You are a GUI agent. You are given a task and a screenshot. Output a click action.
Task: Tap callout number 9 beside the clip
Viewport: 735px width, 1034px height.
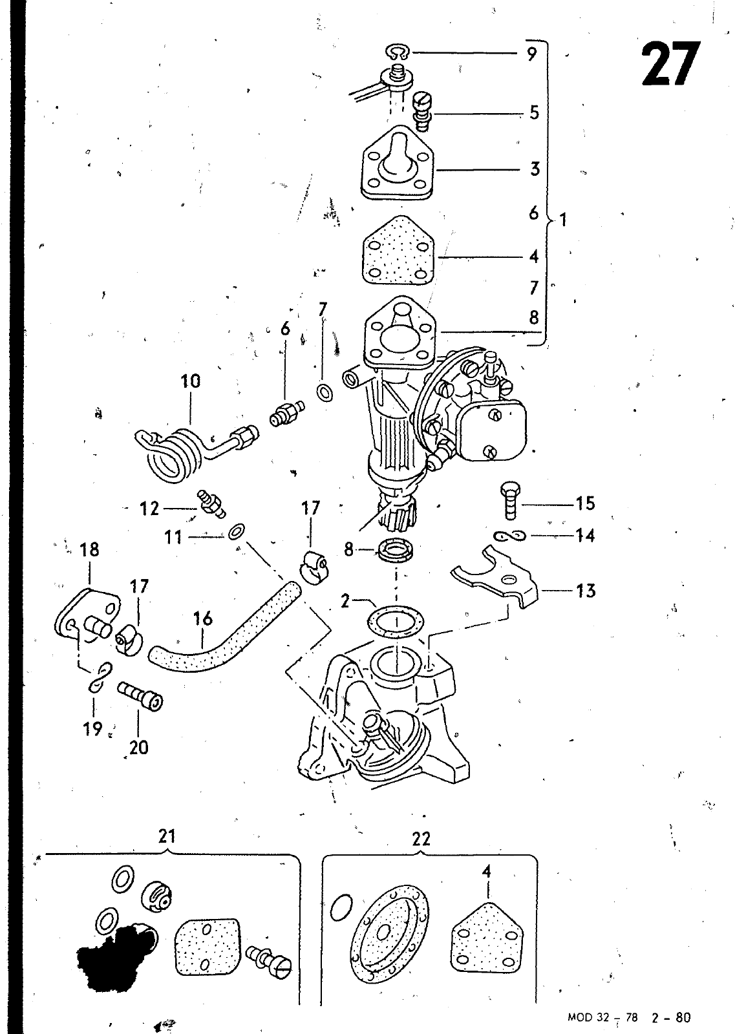pos(531,54)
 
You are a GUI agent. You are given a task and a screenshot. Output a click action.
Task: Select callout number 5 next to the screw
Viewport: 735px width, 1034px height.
pos(534,112)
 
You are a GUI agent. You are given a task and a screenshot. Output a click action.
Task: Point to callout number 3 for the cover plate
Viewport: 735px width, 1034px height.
pos(534,169)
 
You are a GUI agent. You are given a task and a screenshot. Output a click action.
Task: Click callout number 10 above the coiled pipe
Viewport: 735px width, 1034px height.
pos(191,381)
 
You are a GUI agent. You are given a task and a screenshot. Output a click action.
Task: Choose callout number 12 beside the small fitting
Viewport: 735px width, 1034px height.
pos(149,509)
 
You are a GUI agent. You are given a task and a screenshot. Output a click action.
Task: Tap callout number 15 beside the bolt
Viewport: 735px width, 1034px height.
pos(585,503)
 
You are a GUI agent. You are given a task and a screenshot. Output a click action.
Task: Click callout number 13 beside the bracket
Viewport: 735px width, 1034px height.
pos(585,590)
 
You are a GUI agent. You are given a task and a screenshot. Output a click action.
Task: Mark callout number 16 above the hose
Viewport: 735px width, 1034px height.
pos(203,618)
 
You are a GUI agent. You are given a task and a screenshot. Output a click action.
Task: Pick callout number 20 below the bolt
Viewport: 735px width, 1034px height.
pos(139,747)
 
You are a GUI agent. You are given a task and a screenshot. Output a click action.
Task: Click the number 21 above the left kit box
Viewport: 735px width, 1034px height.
pos(167,837)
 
